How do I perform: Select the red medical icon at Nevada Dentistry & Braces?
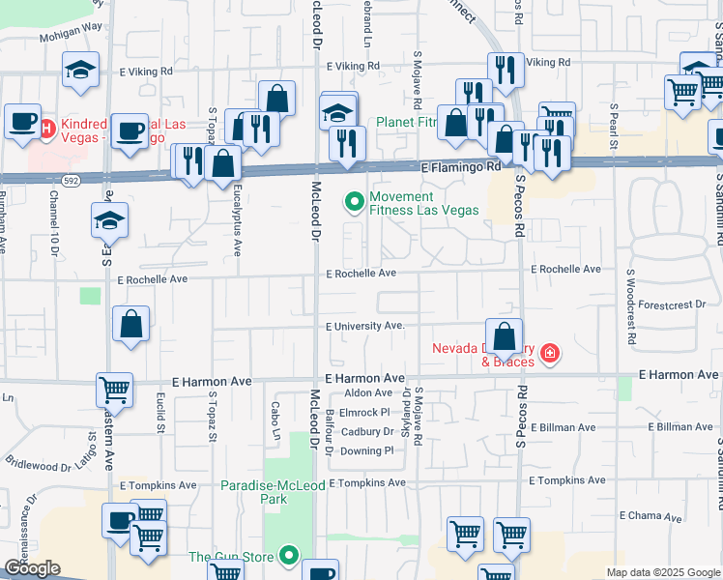[x=550, y=355]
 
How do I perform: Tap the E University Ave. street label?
[x=364, y=326]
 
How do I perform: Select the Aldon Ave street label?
[x=368, y=392]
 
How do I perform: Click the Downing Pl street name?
[x=367, y=450]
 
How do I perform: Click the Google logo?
[x=33, y=568]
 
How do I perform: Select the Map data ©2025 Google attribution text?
[x=662, y=572]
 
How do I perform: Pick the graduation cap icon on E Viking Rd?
[x=81, y=71]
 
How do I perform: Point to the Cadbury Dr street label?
[x=367, y=432]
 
